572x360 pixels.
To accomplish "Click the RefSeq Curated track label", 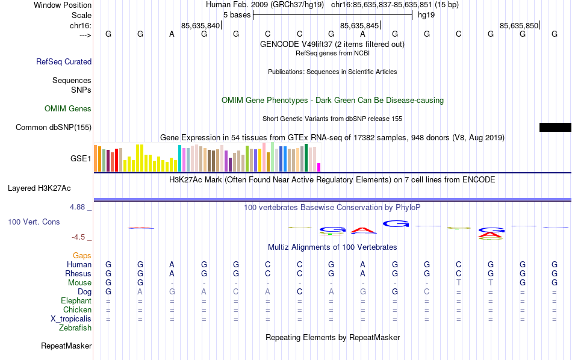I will pyautogui.click(x=64, y=61).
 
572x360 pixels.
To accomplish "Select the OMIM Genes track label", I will pyautogui.click(x=68, y=109).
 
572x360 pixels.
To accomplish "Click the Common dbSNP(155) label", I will pyautogui.click(x=54, y=127).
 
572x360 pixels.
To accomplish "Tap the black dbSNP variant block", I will pyautogui.click(x=555, y=127).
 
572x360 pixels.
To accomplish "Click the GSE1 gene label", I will pyautogui.click(x=81, y=159).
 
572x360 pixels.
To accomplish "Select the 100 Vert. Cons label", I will pyautogui.click(x=34, y=222).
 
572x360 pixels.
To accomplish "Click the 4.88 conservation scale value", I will pyautogui.click(x=79, y=207).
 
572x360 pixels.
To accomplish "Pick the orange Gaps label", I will pyautogui.click(x=82, y=256).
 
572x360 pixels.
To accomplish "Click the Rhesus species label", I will pyautogui.click(x=78, y=274).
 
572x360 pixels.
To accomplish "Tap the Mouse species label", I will pyautogui.click(x=79, y=283).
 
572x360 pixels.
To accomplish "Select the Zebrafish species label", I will pyautogui.click(x=75, y=328).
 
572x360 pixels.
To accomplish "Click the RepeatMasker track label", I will pyautogui.click(x=66, y=346).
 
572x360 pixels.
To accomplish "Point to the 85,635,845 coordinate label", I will pyautogui.click(x=359, y=25).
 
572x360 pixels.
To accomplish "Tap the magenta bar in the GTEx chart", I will pyautogui.click(x=319, y=167).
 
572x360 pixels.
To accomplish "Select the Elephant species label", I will pyautogui.click(x=76, y=301).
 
